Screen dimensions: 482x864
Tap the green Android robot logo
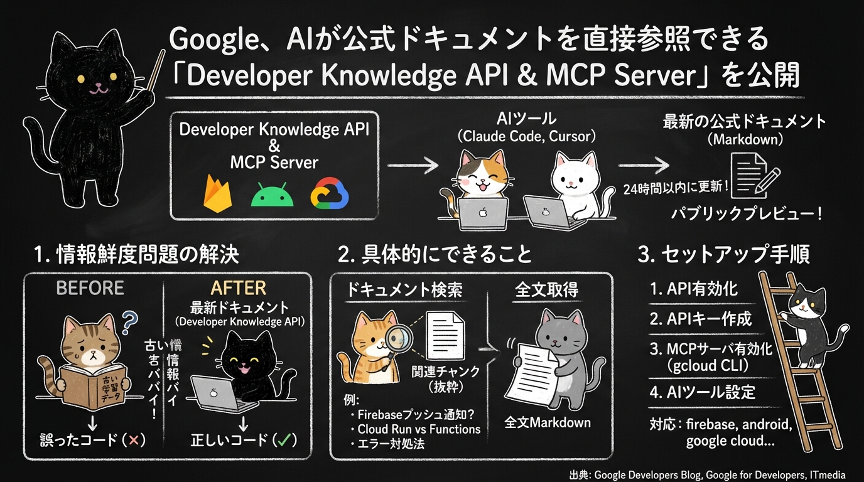tap(272, 195)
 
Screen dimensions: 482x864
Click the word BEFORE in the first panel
tap(90, 288)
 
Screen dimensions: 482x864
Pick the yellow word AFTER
tap(239, 288)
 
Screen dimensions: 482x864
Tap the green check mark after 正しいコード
tap(286, 440)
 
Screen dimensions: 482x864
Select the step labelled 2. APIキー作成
tap(700, 319)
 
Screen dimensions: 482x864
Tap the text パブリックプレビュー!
tap(746, 213)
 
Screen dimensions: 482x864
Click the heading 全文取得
tap(546, 289)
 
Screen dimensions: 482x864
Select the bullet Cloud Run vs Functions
tap(418, 429)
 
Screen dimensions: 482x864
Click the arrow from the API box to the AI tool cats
tap(413, 166)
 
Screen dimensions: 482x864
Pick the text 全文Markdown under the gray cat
tap(548, 422)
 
